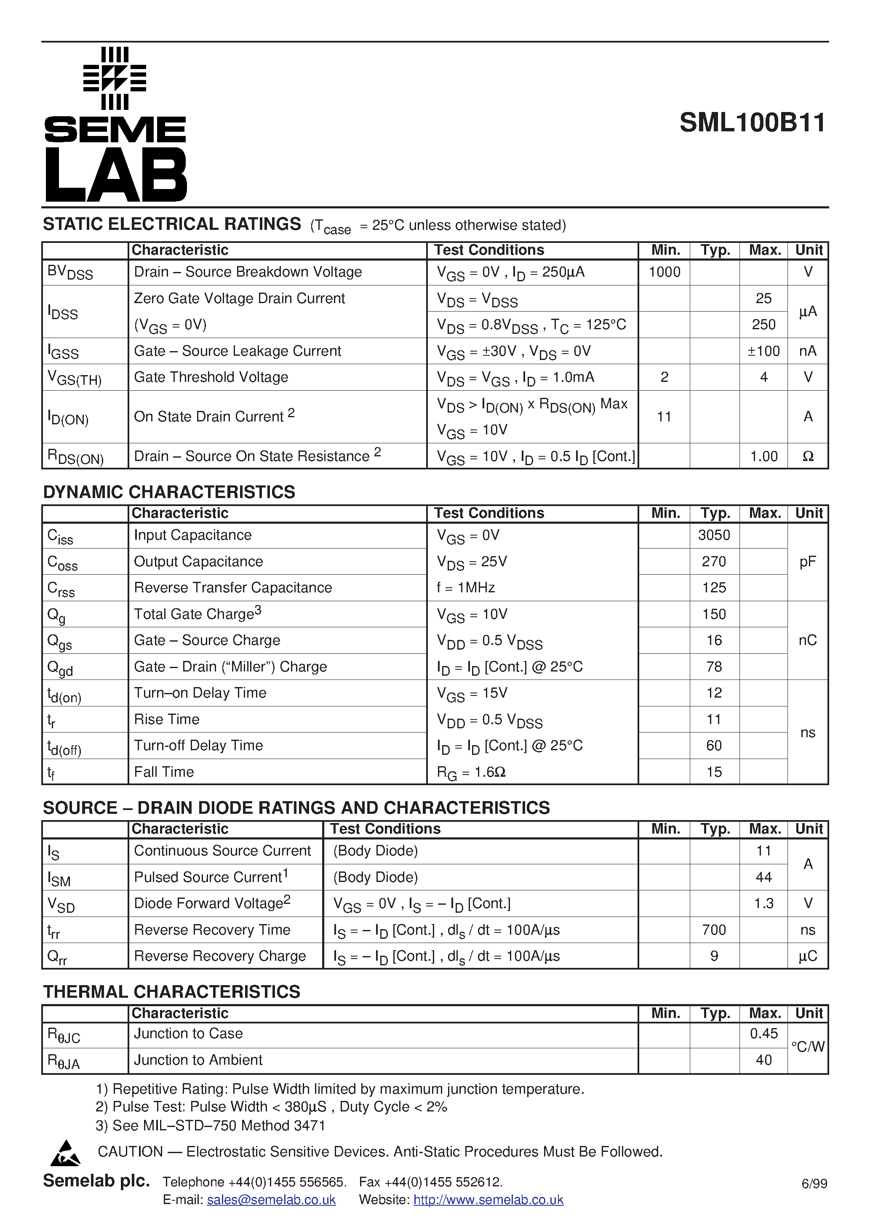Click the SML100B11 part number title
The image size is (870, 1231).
click(752, 123)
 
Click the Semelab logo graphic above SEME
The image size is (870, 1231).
click(115, 78)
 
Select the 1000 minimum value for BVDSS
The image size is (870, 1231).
click(664, 272)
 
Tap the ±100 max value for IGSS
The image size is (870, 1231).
click(763, 351)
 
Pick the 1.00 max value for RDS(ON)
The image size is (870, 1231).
click(763, 456)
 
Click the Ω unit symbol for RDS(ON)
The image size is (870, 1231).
click(808, 456)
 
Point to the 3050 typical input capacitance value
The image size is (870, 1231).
click(714, 535)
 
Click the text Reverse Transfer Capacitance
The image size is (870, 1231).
click(233, 588)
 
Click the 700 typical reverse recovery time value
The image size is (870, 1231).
click(714, 930)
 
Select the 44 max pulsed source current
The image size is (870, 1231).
click(763, 877)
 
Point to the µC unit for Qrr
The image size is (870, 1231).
click(808, 956)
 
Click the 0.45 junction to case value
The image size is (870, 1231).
click(763, 1034)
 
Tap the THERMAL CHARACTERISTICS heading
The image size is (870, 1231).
click(172, 992)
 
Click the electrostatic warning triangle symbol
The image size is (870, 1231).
click(65, 1154)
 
